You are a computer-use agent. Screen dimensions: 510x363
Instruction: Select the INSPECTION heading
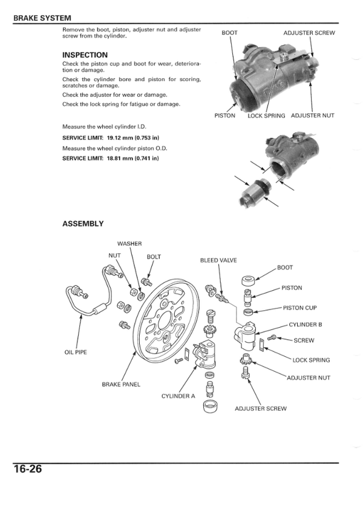click(x=85, y=55)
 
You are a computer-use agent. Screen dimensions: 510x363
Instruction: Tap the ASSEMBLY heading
click(x=83, y=224)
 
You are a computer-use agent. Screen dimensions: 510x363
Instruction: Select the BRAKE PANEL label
click(x=121, y=384)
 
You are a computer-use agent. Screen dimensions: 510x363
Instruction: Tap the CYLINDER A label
click(x=178, y=396)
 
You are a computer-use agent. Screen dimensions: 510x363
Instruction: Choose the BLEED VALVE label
click(x=218, y=260)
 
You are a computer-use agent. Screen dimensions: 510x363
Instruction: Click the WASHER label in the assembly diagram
click(x=129, y=243)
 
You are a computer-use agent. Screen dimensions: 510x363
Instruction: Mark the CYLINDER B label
click(x=305, y=325)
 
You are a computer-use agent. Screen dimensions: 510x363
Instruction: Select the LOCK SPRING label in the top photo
click(x=266, y=115)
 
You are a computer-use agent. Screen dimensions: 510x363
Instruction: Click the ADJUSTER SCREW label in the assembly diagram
click(x=260, y=408)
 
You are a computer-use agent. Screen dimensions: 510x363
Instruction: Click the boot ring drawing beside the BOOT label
click(x=246, y=281)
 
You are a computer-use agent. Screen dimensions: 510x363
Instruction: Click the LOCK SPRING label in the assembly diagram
click(x=311, y=360)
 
